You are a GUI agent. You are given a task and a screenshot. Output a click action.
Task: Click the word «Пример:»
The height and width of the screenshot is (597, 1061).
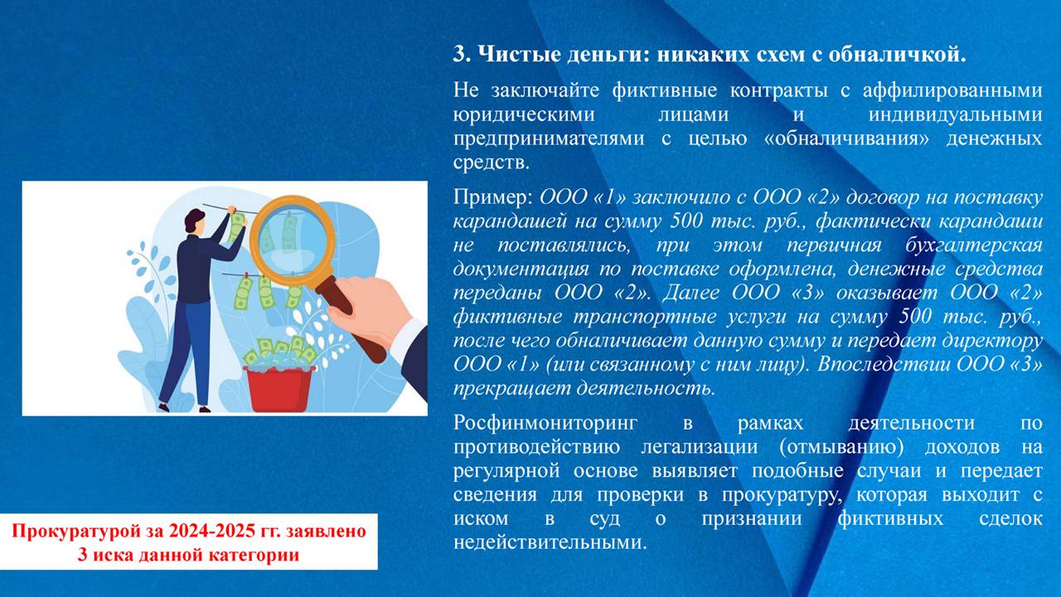pos(493,197)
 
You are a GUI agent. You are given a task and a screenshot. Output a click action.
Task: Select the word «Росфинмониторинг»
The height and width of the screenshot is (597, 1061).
pos(545,423)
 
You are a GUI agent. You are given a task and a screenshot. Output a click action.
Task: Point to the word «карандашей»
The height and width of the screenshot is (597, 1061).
pos(510,221)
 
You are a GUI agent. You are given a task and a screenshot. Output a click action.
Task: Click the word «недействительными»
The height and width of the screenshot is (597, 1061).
pos(550,542)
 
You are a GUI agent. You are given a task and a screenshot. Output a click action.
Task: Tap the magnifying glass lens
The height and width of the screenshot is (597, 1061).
pos(293,241)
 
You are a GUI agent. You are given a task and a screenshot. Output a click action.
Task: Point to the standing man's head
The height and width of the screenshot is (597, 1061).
pos(195,221)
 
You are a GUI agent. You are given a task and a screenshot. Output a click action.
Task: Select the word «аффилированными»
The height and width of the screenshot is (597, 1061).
pos(952,90)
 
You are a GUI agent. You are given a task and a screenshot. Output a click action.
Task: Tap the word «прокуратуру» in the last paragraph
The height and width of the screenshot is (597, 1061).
pos(782,495)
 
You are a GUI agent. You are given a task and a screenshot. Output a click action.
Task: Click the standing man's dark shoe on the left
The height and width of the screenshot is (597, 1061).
pos(163,406)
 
